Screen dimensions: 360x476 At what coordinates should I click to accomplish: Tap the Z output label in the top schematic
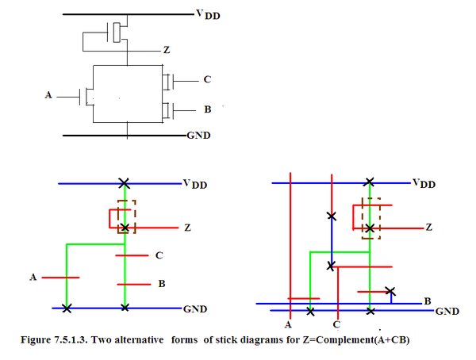point(166,49)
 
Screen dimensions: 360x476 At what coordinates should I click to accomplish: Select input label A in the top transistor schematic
point(48,96)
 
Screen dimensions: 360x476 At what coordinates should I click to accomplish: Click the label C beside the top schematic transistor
point(207,79)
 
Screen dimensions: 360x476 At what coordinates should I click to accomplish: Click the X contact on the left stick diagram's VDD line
point(124,183)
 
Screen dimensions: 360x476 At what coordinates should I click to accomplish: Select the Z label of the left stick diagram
point(187,228)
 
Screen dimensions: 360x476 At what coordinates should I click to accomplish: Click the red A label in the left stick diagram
point(33,278)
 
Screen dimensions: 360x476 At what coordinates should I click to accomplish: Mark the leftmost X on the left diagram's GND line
point(67,307)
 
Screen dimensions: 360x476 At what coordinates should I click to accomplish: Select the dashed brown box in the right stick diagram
point(369,217)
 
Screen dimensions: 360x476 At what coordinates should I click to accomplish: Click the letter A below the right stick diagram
point(289,325)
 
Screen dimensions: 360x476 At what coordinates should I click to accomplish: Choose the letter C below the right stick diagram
point(336,325)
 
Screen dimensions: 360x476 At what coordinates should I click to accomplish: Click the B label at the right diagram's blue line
point(427,301)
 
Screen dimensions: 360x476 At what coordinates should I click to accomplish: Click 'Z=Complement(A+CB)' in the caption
point(341,340)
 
